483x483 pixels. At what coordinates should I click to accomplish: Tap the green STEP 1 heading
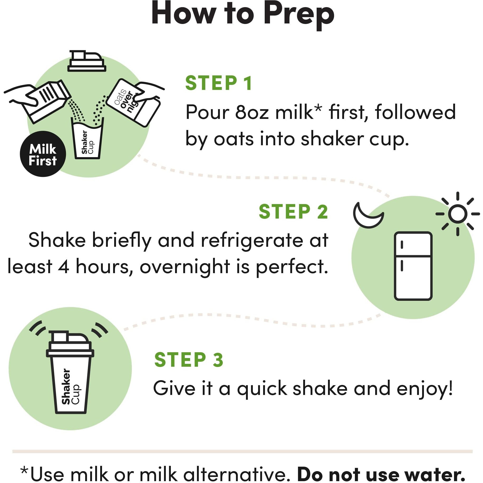pos(219,83)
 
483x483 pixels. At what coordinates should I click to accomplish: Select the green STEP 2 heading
pos(293,212)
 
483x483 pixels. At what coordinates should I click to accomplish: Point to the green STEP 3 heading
pos(189,360)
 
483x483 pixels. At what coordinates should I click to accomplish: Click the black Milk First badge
pos(43,154)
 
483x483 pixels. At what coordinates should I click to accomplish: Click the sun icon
pos(457,214)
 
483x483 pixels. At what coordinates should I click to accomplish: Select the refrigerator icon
pos(413,266)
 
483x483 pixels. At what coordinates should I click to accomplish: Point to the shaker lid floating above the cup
pos(86,61)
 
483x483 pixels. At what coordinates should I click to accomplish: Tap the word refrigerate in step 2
pos(252,240)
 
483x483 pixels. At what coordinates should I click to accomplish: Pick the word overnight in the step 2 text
pos(185,267)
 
